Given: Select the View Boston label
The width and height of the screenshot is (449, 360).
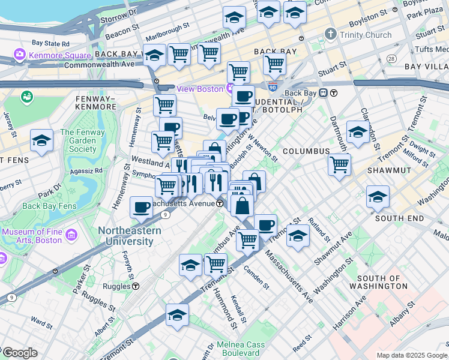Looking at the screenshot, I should [x=200, y=88].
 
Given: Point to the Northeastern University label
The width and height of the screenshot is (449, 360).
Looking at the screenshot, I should [x=125, y=236].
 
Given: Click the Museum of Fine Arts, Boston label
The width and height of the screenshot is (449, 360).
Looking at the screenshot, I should [x=32, y=236].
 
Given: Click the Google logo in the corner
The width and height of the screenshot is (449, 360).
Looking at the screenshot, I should [x=19, y=353].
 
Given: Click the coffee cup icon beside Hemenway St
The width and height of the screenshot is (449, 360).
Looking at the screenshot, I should [x=141, y=207].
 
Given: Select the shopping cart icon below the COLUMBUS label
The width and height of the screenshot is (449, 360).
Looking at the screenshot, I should [x=339, y=164].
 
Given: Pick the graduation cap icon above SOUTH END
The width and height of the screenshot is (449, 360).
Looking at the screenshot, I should [x=378, y=196].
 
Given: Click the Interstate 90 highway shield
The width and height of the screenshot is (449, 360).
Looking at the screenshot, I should [x=273, y=88].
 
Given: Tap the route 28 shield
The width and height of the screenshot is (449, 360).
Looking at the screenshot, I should [x=391, y=58].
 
